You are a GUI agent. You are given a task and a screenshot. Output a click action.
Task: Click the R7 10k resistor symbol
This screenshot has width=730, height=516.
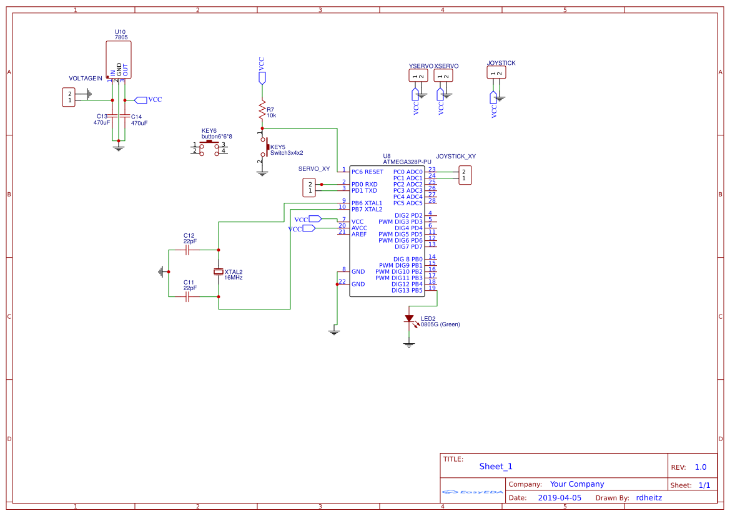[x=262, y=111]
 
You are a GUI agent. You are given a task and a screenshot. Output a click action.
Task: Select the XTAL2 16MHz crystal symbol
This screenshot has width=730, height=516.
[x=218, y=271]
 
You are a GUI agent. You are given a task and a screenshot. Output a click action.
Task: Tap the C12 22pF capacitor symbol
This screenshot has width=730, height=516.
[x=187, y=250]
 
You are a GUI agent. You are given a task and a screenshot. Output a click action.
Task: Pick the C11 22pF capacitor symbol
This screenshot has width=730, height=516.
[x=187, y=297]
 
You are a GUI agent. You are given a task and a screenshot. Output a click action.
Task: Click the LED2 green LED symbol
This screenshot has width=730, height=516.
[x=409, y=319]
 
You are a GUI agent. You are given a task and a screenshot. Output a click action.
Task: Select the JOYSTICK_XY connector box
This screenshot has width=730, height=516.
[x=464, y=175]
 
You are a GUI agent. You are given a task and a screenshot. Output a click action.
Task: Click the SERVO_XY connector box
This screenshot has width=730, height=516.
[x=308, y=187]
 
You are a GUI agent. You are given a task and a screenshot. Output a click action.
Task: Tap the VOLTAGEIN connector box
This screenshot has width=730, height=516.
[x=69, y=97]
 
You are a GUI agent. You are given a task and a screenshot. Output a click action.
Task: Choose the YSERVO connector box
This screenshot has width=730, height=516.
[x=418, y=75]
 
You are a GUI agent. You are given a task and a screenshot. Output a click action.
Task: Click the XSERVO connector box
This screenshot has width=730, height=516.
[x=443, y=75]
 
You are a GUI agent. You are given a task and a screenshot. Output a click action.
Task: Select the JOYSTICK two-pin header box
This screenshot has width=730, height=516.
[x=496, y=72]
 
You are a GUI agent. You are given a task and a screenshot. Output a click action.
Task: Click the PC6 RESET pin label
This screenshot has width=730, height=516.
[x=367, y=172]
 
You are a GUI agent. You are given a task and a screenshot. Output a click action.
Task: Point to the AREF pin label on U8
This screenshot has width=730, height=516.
[x=359, y=234]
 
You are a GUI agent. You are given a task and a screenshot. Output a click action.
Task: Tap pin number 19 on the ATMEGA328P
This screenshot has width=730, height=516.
[x=432, y=288]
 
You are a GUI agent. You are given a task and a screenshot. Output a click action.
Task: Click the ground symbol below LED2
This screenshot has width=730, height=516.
[x=409, y=344]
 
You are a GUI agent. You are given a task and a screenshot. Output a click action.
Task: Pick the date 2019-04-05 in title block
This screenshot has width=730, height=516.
[x=560, y=498]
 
